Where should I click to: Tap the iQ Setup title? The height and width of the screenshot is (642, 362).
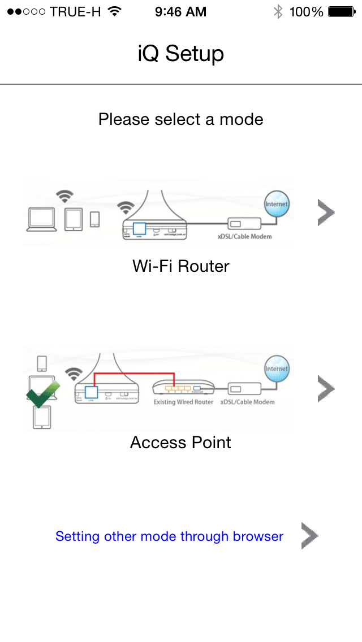click(181, 54)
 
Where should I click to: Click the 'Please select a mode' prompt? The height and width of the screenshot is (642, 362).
click(181, 119)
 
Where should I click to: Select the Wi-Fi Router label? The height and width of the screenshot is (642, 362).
click(181, 266)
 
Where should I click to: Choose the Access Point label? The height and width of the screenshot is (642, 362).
click(181, 442)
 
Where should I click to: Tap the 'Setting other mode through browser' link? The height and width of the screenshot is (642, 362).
click(169, 536)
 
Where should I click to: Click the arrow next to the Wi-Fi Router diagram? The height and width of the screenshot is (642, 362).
click(326, 213)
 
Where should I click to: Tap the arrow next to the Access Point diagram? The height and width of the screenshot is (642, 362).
click(326, 389)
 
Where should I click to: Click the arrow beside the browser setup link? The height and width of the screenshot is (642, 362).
click(309, 536)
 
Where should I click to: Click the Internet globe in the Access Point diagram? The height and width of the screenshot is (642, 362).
click(277, 368)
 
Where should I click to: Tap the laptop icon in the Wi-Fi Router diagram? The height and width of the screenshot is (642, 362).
click(41, 220)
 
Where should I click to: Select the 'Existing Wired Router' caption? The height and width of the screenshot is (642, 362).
click(183, 402)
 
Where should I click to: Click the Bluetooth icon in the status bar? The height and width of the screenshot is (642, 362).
click(278, 12)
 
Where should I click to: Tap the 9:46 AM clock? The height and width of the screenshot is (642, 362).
click(181, 12)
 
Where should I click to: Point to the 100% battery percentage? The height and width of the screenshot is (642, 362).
click(306, 12)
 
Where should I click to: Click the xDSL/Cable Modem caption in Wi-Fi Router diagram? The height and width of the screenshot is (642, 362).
click(244, 236)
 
